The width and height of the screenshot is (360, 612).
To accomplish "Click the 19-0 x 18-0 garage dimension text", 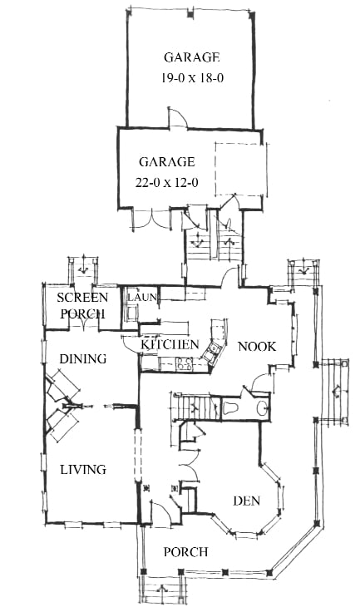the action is [x=192, y=77].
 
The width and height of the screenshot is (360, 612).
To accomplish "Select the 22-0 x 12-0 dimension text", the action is [x=167, y=182].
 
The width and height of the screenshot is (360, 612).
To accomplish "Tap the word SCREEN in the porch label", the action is [x=82, y=298].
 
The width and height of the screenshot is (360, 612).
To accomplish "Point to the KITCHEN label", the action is [x=170, y=344].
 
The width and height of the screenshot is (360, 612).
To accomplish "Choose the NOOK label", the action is [x=257, y=346].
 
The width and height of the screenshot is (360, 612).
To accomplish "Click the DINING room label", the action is [x=83, y=358].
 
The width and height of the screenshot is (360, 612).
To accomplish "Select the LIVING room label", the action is [x=84, y=469].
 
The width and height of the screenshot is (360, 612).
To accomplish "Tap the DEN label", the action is [x=246, y=501].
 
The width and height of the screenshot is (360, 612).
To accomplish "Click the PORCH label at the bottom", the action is [x=185, y=552].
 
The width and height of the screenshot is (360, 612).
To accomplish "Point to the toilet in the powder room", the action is [x=231, y=408].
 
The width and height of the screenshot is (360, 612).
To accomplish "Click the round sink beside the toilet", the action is [x=262, y=408].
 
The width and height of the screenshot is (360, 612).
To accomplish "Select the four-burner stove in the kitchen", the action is [x=185, y=363].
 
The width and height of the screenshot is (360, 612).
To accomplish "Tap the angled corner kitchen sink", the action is [x=213, y=352].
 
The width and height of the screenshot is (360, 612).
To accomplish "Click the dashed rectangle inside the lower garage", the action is [x=241, y=170].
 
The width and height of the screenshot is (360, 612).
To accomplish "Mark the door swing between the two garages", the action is [x=177, y=117].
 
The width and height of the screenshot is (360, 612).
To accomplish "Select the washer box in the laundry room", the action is [x=131, y=313].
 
